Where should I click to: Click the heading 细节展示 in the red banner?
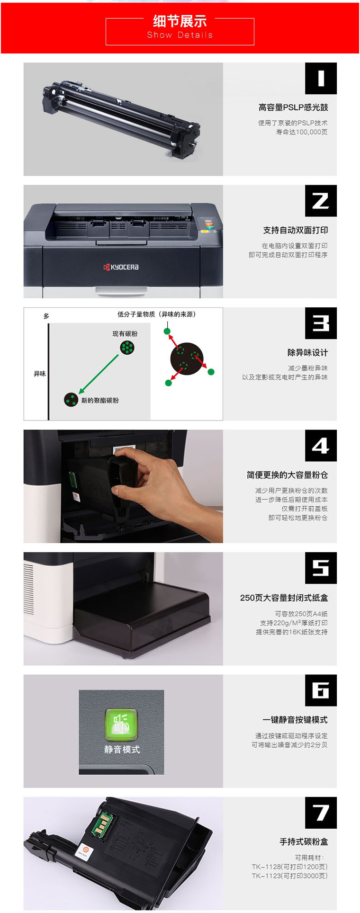pyautogui.click(x=180, y=21)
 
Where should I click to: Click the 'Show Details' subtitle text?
pyautogui.click(x=180, y=35)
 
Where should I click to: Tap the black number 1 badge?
pyautogui.click(x=321, y=78)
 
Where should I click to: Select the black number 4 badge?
pyautogui.click(x=321, y=446)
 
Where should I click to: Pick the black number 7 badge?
pyautogui.click(x=321, y=813)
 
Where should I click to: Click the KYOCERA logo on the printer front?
pyautogui.click(x=121, y=267)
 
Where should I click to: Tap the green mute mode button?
pyautogui.click(x=121, y=725)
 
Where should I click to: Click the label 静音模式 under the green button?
pyautogui.click(x=122, y=749)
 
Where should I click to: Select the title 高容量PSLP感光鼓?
pyautogui.click(x=293, y=107)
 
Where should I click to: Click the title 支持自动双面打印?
pyautogui.click(x=295, y=230)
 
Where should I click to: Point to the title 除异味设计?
pyautogui.click(x=307, y=352)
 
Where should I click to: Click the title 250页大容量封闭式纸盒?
pyautogui.click(x=284, y=598)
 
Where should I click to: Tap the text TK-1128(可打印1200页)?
pyautogui.click(x=289, y=867)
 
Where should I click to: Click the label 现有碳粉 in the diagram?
pyautogui.click(x=125, y=334)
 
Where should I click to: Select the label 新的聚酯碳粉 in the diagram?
pyautogui.click(x=100, y=400)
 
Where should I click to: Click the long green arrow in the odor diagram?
pyautogui.click(x=99, y=374)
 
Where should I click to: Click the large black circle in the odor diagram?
pyautogui.click(x=187, y=359)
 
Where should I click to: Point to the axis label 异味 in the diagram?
pyautogui.click(x=40, y=374)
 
